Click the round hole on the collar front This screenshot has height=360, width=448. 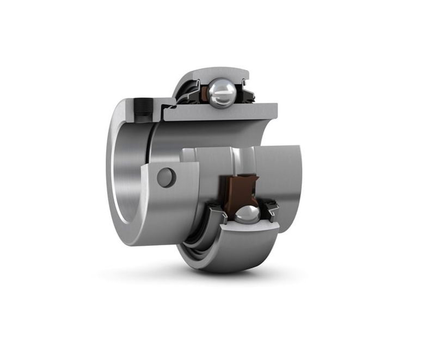(166, 177)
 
